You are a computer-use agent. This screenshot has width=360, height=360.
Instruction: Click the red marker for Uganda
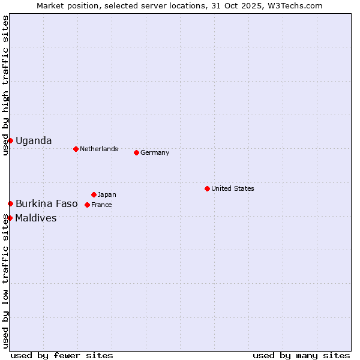click(x=10, y=140)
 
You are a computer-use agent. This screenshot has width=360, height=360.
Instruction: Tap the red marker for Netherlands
click(x=76, y=149)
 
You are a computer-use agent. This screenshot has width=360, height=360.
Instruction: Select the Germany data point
click(x=136, y=152)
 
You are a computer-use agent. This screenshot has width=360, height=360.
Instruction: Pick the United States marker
click(x=207, y=188)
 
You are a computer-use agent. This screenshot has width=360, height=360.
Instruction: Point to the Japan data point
click(x=94, y=194)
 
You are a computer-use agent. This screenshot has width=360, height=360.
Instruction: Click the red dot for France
click(x=87, y=205)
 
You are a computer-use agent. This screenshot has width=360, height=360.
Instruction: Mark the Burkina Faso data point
click(x=10, y=204)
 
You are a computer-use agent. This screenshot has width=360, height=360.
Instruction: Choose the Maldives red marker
click(x=10, y=218)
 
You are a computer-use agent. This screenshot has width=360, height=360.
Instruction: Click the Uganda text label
click(x=34, y=141)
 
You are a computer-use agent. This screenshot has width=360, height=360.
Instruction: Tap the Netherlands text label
click(x=99, y=149)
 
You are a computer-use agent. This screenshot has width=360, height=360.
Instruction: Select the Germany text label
click(x=155, y=152)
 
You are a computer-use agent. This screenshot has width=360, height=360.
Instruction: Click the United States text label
click(x=233, y=188)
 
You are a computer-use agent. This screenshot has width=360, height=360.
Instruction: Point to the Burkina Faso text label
click(x=47, y=204)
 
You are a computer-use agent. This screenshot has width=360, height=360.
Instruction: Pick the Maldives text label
click(x=36, y=218)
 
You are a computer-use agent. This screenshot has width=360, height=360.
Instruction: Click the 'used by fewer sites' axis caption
click(x=62, y=355)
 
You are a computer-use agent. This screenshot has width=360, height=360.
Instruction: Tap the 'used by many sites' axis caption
click(x=301, y=355)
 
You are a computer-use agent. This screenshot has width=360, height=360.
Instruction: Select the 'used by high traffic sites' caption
click(x=5, y=86)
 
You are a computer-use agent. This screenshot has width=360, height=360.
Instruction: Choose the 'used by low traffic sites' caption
click(x=5, y=281)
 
